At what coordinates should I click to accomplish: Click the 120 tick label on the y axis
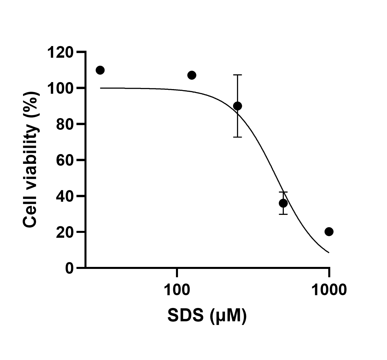[60, 52]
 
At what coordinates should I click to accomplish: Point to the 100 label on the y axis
[60, 88]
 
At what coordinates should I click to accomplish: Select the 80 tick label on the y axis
[64, 124]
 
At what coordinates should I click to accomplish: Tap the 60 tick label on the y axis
[64, 160]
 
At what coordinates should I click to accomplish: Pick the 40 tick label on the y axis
[64, 196]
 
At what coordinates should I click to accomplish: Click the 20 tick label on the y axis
[64, 232]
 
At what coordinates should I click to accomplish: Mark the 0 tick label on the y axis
[69, 268]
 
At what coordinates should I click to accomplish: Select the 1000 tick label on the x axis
[329, 290]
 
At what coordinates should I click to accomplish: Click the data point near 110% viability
[100, 70]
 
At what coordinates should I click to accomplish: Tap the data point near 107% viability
[192, 75]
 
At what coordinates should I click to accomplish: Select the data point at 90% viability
[237, 106]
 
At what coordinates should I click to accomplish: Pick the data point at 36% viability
[283, 203]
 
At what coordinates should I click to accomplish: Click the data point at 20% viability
[329, 232]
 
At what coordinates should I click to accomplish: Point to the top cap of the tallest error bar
[237, 75]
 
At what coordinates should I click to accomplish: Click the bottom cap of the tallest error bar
[237, 137]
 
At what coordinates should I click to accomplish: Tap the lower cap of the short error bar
[283, 214]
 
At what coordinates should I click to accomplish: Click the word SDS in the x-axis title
[185, 316]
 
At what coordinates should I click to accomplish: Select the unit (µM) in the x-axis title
[228, 316]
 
